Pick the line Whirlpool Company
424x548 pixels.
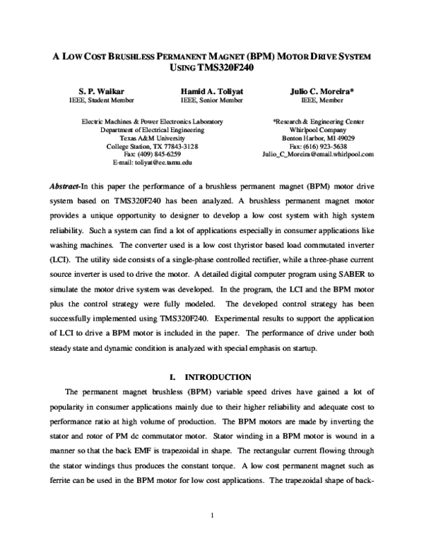click(318, 130)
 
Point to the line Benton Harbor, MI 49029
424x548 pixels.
click(318, 138)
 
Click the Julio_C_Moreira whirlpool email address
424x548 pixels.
click(317, 154)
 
